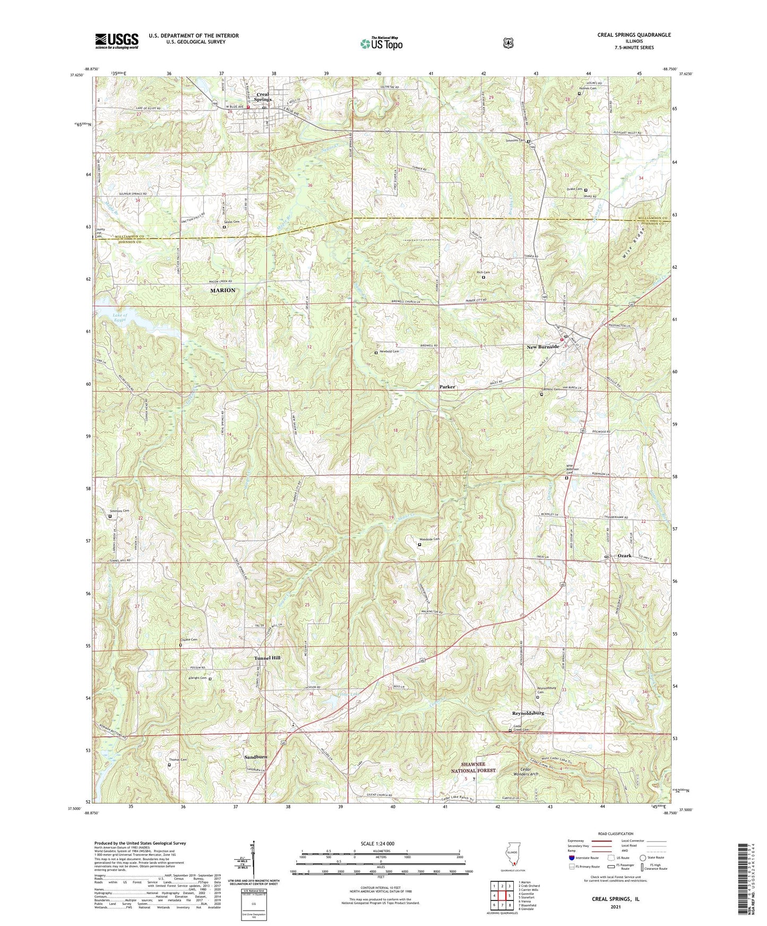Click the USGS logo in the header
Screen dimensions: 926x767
pyautogui.click(x=117, y=41)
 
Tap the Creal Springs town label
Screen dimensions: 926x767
pyautogui.click(x=263, y=97)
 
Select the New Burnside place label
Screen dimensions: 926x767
pyautogui.click(x=542, y=347)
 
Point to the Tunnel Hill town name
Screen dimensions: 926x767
pyautogui.click(x=267, y=658)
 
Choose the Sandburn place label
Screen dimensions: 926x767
pyautogui.click(x=255, y=756)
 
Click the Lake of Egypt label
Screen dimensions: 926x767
pyautogui.click(x=120, y=318)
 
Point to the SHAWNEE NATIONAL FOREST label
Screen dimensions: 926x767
pyautogui.click(x=473, y=767)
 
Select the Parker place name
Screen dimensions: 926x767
pyautogui.click(x=447, y=387)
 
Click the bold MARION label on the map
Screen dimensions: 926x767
pyautogui.click(x=222, y=291)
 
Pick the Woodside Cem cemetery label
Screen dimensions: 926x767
pyautogui.click(x=429, y=539)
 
